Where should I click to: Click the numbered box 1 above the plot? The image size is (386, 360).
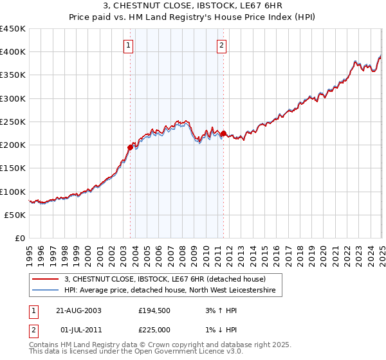point(129,45)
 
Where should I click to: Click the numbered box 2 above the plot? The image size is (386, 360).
point(222,45)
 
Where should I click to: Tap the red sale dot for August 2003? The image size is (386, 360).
point(130,147)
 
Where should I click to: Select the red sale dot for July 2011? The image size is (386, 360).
point(223,134)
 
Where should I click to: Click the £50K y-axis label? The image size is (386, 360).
point(15,215)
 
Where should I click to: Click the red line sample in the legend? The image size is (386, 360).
point(44,279)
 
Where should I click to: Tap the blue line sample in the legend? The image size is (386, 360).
point(44,291)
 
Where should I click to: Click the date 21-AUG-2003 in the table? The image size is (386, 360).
point(78,310)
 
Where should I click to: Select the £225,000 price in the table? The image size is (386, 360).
point(155,330)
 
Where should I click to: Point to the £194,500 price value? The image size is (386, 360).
point(155,310)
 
